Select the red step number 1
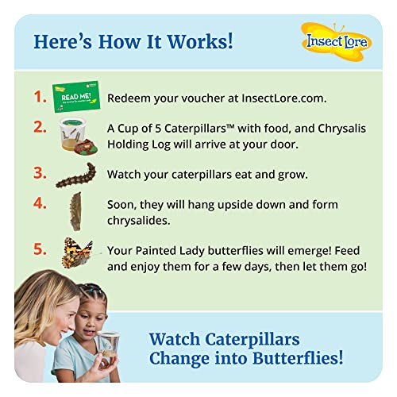pos(40,97)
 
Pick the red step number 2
pos(40,127)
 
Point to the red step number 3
pos(40,172)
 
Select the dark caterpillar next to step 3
pos(76,175)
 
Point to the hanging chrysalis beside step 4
pos(77,212)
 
